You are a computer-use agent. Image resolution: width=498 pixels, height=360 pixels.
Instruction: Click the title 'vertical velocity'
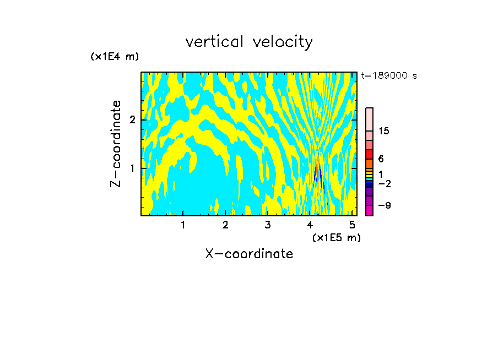point(249,42)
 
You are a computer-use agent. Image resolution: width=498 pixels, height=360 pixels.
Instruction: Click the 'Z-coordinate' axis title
point(116,144)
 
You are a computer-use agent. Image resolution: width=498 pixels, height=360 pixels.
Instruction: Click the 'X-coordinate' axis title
point(249,254)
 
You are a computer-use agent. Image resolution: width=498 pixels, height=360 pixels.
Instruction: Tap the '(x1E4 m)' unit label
point(115,57)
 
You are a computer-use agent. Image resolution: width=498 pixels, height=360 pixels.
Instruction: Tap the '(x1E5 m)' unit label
point(336,237)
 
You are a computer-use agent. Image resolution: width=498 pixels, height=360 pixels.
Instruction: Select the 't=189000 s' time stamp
point(388,76)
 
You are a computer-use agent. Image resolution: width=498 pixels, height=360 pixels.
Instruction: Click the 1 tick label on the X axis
point(183,225)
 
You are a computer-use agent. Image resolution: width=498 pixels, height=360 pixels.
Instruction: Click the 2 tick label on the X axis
point(225,225)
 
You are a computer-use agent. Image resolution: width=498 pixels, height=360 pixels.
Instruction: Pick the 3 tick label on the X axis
point(268,225)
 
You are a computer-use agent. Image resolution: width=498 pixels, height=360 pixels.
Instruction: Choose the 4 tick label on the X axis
point(310,225)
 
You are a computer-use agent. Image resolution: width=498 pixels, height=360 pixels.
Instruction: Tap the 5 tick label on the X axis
point(352,225)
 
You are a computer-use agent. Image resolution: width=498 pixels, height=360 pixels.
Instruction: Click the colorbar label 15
point(384,131)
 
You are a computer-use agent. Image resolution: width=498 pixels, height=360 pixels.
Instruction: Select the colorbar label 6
point(381,159)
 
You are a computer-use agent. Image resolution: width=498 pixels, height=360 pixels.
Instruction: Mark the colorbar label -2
point(384,184)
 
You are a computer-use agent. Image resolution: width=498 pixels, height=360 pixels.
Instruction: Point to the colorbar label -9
point(384,205)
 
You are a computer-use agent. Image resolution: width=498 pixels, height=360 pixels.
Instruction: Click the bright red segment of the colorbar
point(369,154)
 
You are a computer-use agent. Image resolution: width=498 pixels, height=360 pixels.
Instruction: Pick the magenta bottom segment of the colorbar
point(369,210)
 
